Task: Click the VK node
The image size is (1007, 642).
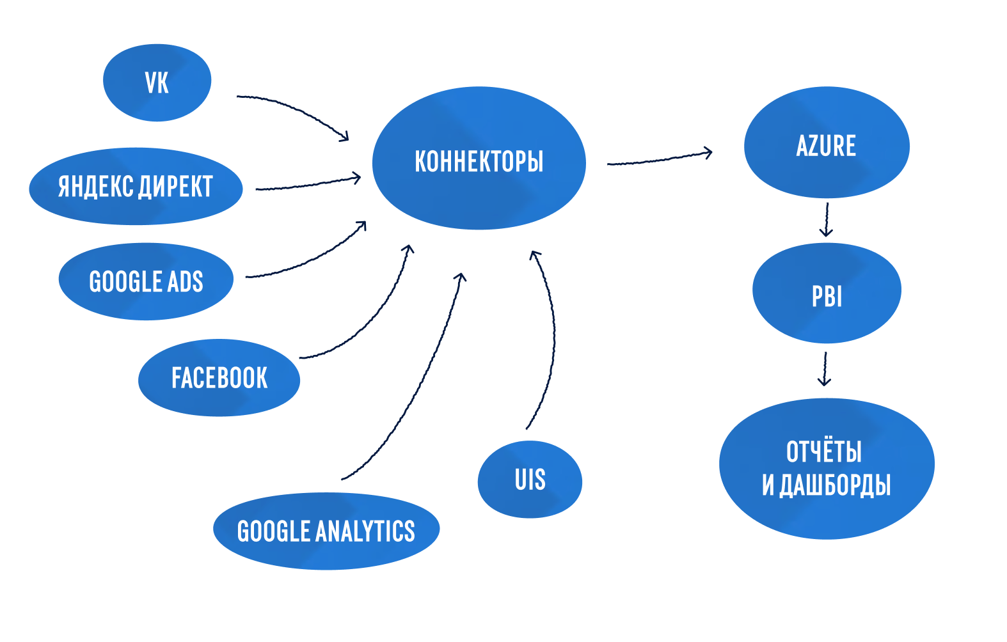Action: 157,82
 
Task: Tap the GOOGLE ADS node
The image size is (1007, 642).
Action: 146,281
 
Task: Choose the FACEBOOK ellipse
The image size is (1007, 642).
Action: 219,378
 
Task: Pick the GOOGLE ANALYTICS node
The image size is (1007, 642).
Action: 326,531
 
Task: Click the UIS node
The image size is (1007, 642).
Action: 530,480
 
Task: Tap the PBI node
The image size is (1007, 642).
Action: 827,294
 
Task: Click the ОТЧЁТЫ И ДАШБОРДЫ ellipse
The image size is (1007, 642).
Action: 826,468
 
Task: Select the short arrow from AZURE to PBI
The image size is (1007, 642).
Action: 827,219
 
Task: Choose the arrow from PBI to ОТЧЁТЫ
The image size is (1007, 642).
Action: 825,369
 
